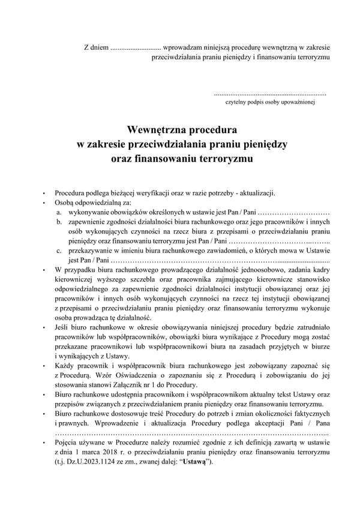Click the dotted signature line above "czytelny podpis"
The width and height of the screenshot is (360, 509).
[x=270, y=95]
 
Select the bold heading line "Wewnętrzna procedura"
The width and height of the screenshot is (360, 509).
[x=182, y=129]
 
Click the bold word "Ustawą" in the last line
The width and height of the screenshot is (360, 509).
[x=195, y=462]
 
